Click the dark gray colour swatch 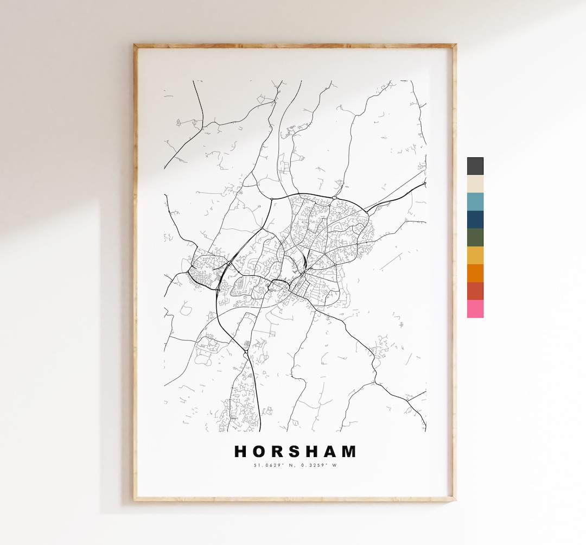(475, 166)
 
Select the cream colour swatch (475, 183)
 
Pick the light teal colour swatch (475, 201)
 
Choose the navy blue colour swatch (475, 219)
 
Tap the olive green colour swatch (475, 237)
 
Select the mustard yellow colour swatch (475, 255)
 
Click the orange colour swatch (475, 273)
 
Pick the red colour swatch (475, 291)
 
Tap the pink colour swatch (475, 309)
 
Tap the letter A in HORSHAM (333, 452)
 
